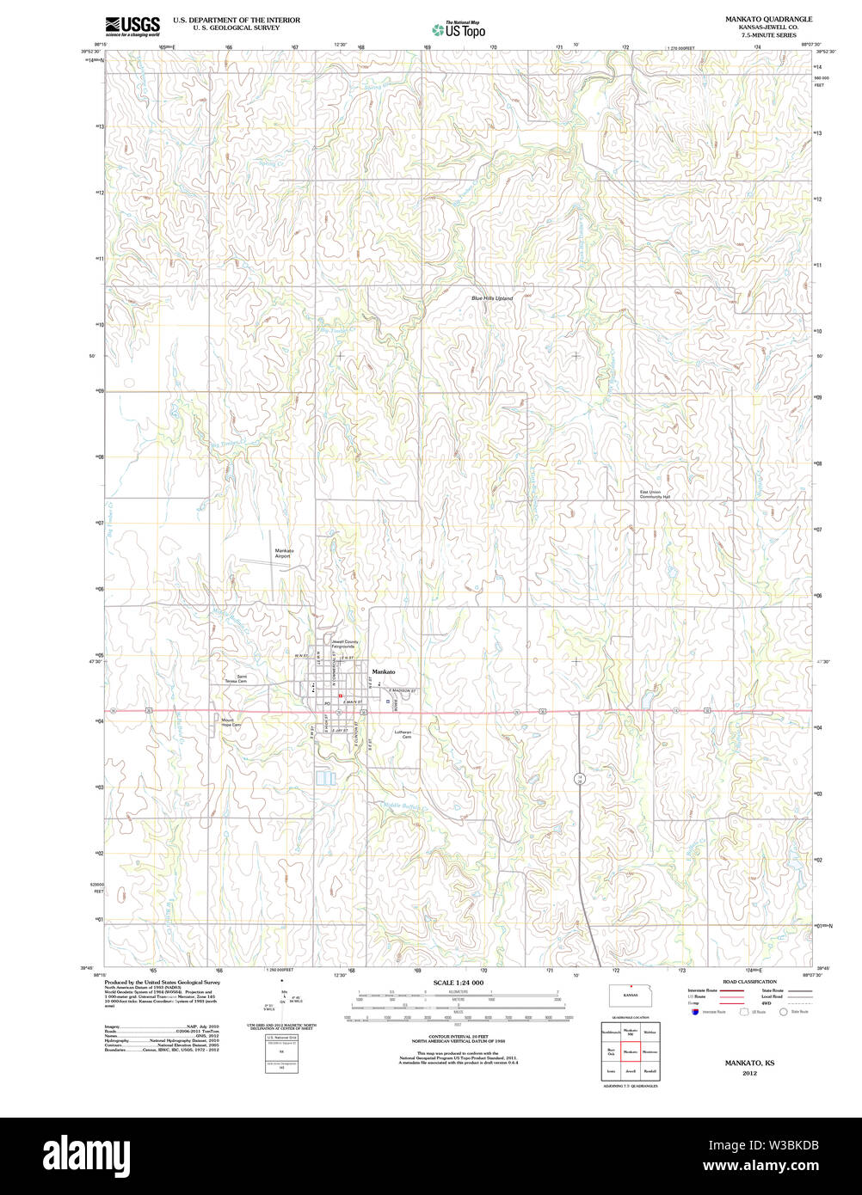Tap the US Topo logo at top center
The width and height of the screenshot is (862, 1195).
(459, 29)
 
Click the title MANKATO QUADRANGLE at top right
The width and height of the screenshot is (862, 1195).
(768, 19)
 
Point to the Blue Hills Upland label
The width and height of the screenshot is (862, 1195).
(492, 298)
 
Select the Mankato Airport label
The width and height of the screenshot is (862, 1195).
(284, 553)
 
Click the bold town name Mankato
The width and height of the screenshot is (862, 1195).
(384, 671)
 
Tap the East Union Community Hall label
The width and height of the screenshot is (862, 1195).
(655, 494)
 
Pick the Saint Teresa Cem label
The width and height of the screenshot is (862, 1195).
(237, 678)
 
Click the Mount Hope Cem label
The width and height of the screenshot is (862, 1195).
(231, 723)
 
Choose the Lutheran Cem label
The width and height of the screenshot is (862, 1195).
(403, 734)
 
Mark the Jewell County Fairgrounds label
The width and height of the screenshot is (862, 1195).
(345, 643)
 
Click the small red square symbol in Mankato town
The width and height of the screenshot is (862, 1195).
(341, 696)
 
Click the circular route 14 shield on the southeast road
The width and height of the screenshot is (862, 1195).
(581, 778)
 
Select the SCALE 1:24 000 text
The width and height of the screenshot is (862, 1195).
(458, 983)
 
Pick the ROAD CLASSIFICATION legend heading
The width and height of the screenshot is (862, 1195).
(749, 982)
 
